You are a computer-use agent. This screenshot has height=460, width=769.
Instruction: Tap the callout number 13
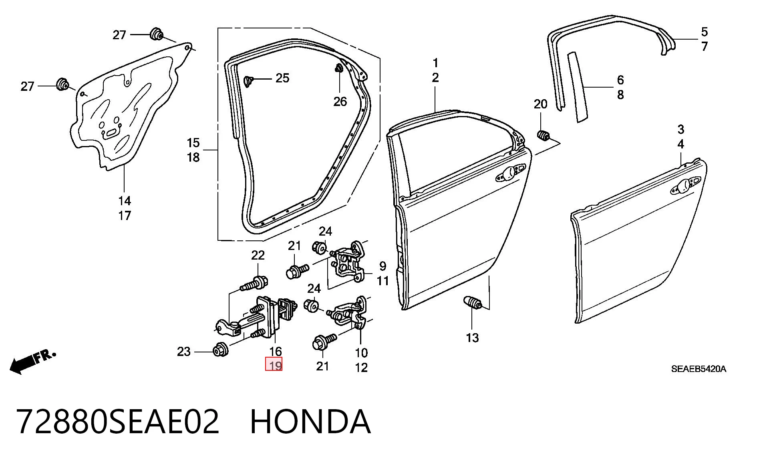click(x=472, y=338)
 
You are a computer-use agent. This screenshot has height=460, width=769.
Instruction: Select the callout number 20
click(x=540, y=104)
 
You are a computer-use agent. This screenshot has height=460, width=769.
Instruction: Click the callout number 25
click(x=282, y=78)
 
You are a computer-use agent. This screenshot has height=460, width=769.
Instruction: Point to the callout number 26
click(x=340, y=102)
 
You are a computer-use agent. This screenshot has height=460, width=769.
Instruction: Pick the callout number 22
click(x=258, y=255)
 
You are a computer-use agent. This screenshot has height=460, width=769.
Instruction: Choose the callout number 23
click(x=184, y=352)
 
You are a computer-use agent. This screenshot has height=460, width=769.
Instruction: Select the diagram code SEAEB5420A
click(x=699, y=369)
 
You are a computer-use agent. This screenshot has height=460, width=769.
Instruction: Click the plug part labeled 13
click(x=472, y=302)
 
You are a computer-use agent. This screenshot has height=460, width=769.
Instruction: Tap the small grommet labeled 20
click(x=543, y=136)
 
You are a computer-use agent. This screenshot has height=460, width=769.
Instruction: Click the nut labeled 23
click(x=221, y=350)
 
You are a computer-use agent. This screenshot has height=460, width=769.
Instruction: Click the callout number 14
click(x=125, y=201)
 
